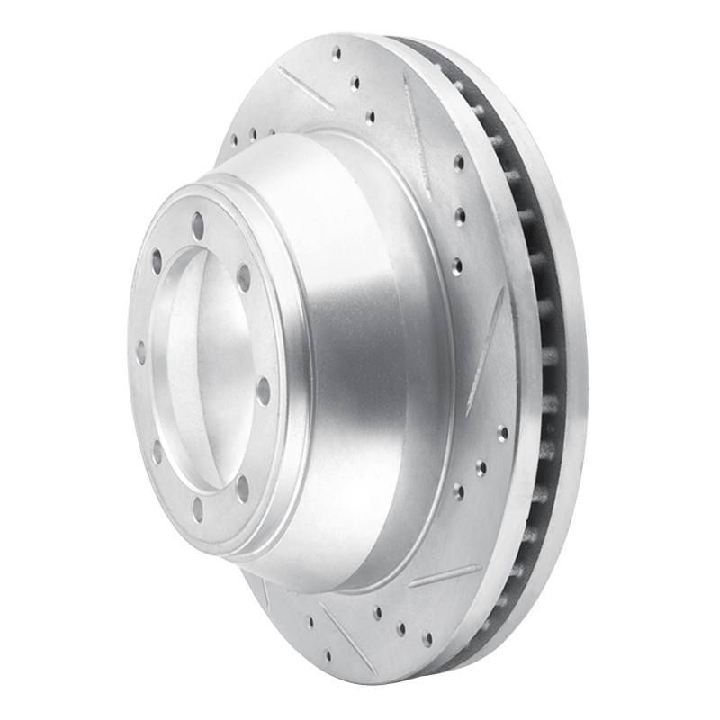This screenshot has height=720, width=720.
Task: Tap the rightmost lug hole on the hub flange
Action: (x=263, y=391)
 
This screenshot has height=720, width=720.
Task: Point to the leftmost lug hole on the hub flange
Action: (x=140, y=352)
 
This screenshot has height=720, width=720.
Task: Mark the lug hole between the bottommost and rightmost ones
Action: (x=242, y=488)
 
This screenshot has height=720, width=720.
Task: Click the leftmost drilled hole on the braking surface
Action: (x=233, y=140)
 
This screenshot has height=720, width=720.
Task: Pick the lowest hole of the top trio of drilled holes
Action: (x=370, y=117)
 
